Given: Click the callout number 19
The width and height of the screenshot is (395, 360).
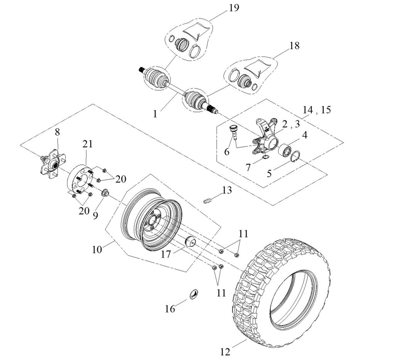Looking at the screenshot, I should coord(233,7).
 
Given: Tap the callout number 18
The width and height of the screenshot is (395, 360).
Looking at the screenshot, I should coord(294,46).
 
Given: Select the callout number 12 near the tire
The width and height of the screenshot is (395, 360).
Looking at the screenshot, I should coord(225,352).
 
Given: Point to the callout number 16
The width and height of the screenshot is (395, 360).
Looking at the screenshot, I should coord(170,309).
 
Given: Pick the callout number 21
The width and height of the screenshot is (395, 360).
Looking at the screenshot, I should coord(88,144).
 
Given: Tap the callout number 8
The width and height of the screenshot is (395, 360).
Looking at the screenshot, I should coord(57,132).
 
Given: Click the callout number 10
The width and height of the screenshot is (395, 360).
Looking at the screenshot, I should coord(97,249).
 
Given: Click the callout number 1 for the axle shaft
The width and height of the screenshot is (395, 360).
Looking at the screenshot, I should coord(155,114).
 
